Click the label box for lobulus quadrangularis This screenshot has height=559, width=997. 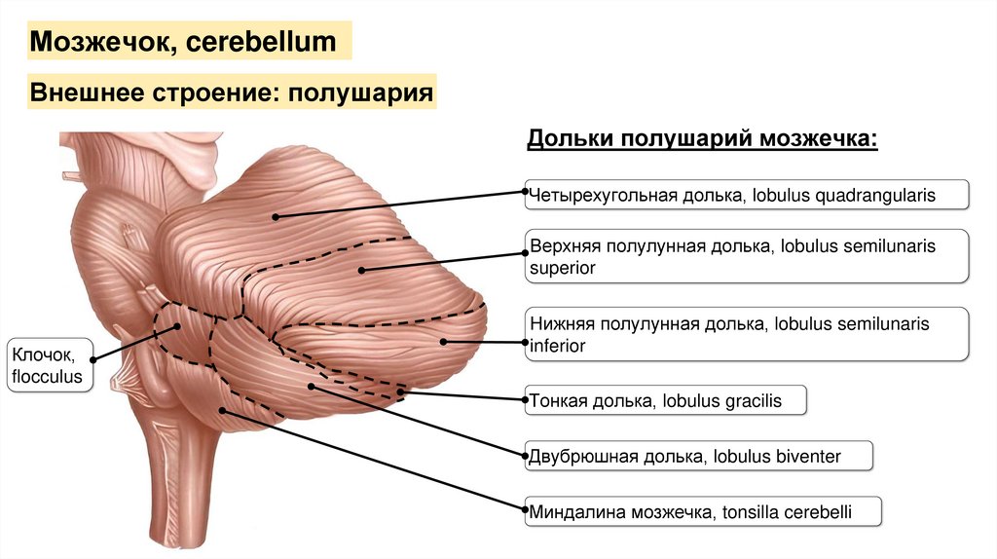[746, 195]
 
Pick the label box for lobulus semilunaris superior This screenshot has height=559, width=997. [746, 257]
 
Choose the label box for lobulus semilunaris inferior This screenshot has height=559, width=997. [746, 334]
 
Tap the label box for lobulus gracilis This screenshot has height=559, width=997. [666, 400]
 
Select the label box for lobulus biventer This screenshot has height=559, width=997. [698, 455]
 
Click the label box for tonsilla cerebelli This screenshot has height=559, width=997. [702, 510]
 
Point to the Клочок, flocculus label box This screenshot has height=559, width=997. [50, 364]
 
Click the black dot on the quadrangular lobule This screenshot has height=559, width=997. [276, 216]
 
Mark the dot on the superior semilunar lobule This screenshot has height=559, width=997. [360, 271]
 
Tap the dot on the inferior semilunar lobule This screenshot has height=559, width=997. [444, 341]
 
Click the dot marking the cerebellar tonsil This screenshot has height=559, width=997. [223, 412]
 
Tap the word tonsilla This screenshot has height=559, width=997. [751, 510]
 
